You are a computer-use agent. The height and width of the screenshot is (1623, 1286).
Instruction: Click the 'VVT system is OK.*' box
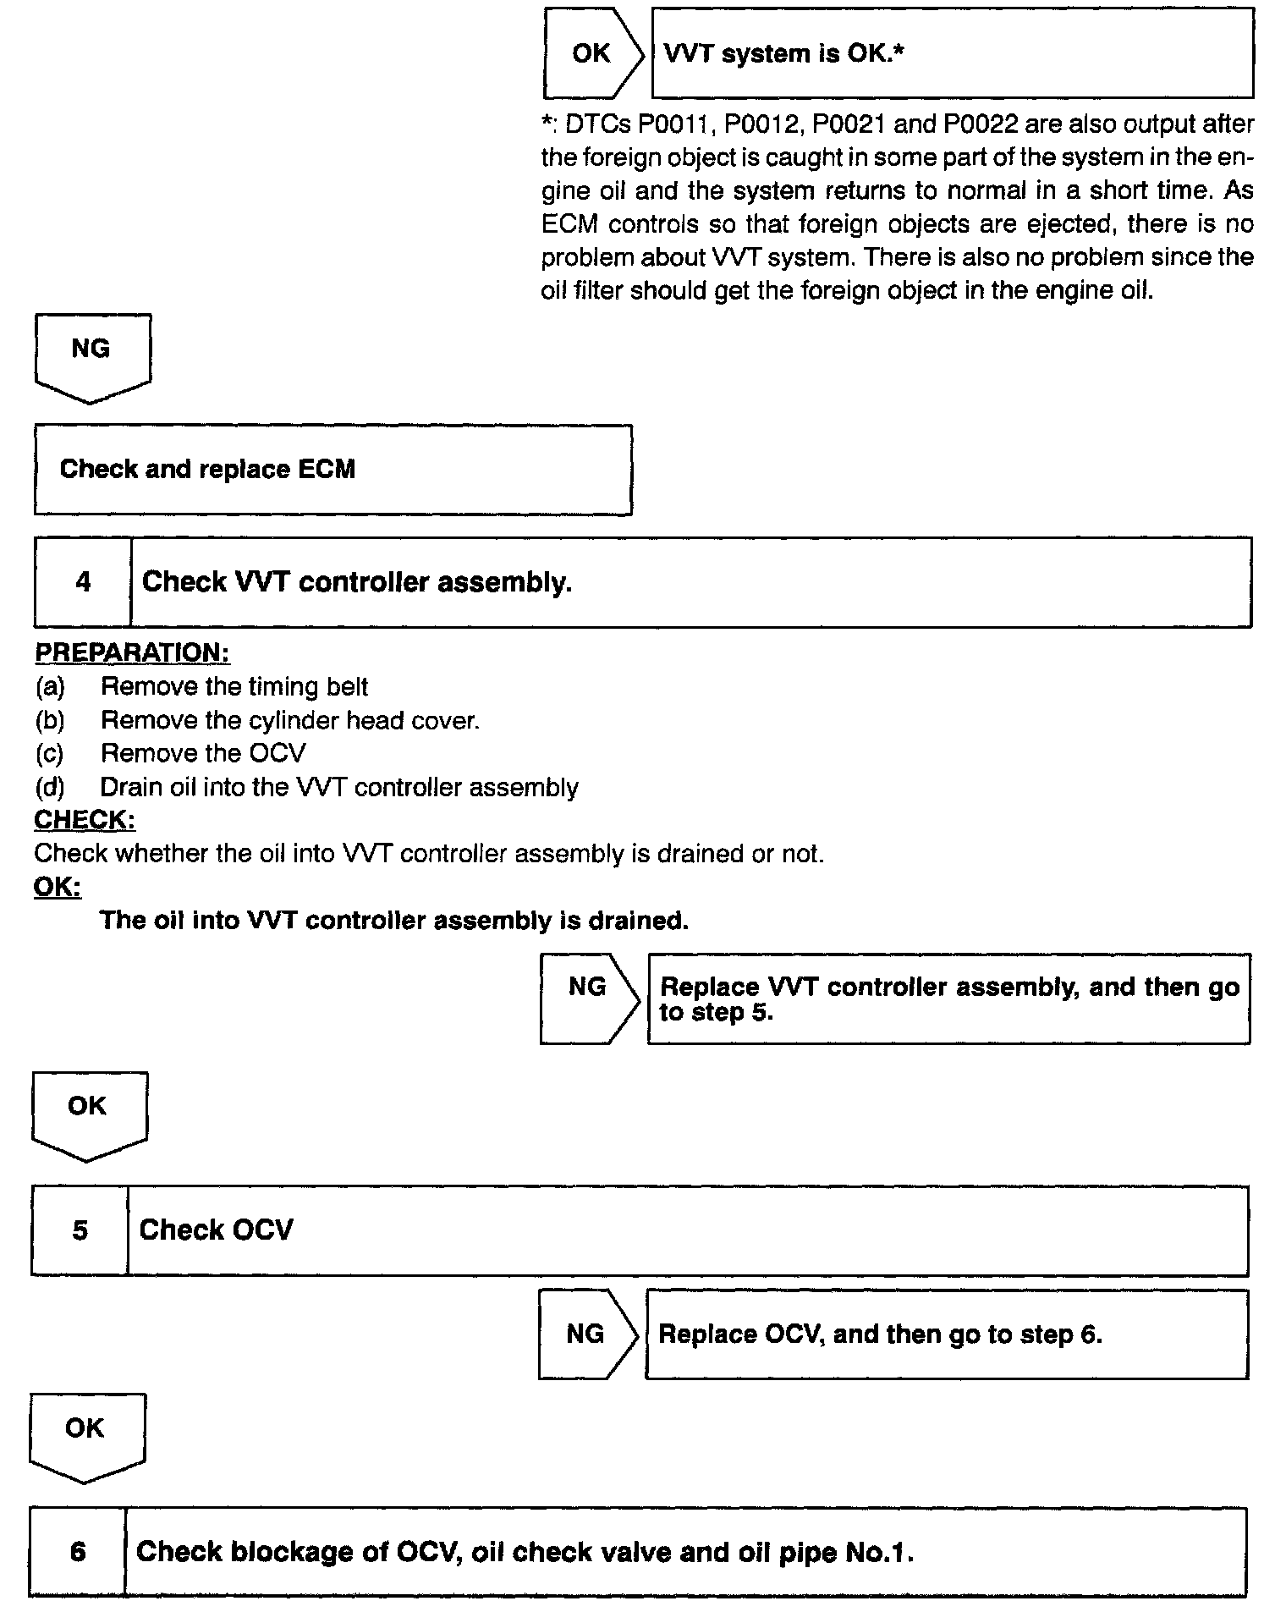(952, 54)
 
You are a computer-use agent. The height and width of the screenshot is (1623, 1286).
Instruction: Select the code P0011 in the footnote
(677, 125)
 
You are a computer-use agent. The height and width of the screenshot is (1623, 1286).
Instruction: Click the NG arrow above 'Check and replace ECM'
(91, 351)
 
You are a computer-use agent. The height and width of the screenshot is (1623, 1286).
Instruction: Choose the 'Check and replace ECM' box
(332, 470)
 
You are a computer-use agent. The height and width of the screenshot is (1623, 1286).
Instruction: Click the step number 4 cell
(83, 582)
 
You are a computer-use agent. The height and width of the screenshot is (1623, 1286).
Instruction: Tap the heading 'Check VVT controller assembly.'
(356, 582)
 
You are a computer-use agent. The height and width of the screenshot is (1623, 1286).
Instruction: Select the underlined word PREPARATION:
(132, 652)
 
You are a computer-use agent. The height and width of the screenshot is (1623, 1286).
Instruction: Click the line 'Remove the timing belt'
(234, 686)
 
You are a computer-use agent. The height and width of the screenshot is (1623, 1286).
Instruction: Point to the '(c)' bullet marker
(50, 753)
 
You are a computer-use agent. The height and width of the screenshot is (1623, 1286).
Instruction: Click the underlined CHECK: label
(85, 820)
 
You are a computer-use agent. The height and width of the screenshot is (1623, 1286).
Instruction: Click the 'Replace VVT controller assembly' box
(948, 999)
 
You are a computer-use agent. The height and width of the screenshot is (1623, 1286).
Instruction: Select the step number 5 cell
(80, 1230)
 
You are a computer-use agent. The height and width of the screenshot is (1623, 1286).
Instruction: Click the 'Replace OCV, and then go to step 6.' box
(947, 1334)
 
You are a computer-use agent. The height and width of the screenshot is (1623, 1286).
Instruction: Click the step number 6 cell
(78, 1552)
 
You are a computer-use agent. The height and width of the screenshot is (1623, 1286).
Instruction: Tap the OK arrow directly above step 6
(85, 1431)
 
